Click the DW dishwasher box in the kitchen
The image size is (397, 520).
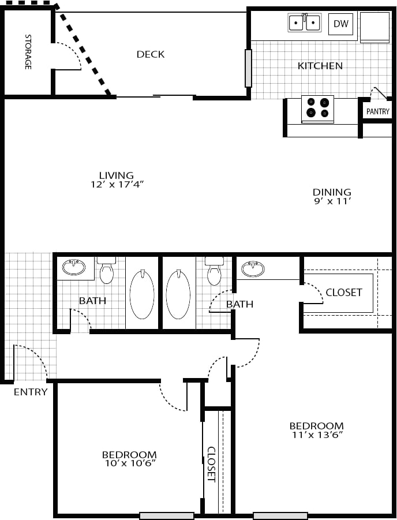[340, 24]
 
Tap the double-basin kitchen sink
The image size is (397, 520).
[304, 23]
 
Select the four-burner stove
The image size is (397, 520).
[317, 108]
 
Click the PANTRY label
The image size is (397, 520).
[378, 111]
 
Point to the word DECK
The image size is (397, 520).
[151, 54]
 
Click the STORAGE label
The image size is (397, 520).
[28, 52]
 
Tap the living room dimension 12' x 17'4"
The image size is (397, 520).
[116, 185]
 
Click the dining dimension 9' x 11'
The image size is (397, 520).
[332, 201]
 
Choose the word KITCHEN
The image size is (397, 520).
[320, 66]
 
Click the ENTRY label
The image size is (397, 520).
[31, 392]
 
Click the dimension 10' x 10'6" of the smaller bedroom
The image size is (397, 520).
[129, 463]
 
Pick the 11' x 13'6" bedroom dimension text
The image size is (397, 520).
[316, 435]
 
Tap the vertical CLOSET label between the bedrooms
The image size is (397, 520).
[211, 464]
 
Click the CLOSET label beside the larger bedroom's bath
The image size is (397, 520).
[344, 293]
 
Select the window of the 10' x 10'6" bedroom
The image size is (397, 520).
[167, 515]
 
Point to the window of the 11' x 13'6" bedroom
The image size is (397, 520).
[280, 515]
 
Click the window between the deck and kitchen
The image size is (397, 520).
[248, 68]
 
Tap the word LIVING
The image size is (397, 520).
[116, 175]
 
